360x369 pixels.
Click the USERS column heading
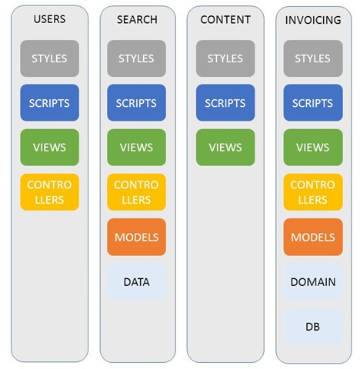coord(49,19)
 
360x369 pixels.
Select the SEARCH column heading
coord(137,20)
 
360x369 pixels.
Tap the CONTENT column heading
coord(225,20)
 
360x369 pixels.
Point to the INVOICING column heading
coord(313,20)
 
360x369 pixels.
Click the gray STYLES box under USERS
coord(49,58)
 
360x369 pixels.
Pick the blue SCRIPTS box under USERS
coord(49,103)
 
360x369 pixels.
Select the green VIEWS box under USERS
coord(49,148)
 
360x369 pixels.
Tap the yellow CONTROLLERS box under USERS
coord(49,192)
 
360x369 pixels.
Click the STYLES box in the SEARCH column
coord(136,58)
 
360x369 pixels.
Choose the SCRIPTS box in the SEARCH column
coord(136,103)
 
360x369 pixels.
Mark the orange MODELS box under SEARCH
coord(136,237)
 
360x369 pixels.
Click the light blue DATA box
coord(136,282)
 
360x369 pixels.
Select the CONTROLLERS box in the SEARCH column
coord(136,192)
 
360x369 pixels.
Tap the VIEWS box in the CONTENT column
coord(225,148)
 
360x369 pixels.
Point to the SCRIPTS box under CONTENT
coord(225,103)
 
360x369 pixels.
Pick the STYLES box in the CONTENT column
coord(225,58)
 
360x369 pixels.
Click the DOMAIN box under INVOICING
coord(313,282)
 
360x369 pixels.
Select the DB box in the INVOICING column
coord(313,327)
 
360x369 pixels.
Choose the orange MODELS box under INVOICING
coord(313,237)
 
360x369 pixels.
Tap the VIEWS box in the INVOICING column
coord(313,148)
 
